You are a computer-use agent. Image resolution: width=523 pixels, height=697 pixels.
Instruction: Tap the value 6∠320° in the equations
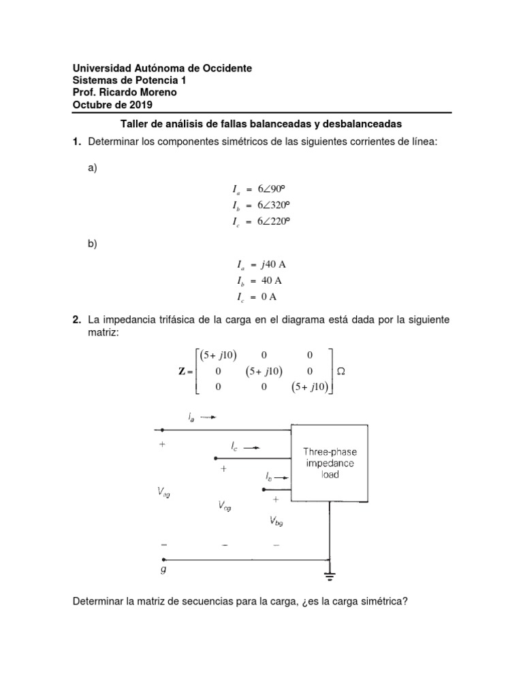(x=268, y=205)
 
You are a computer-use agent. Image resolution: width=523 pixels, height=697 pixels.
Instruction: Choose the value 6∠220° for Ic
(x=268, y=221)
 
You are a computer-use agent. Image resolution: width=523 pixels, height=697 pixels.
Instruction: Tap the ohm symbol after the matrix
(x=342, y=371)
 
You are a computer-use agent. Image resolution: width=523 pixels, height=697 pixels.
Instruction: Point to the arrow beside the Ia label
(x=208, y=417)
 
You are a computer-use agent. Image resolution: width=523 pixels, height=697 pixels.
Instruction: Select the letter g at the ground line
(x=163, y=570)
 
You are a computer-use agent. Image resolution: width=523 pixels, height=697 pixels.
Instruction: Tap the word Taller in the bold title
(x=134, y=124)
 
